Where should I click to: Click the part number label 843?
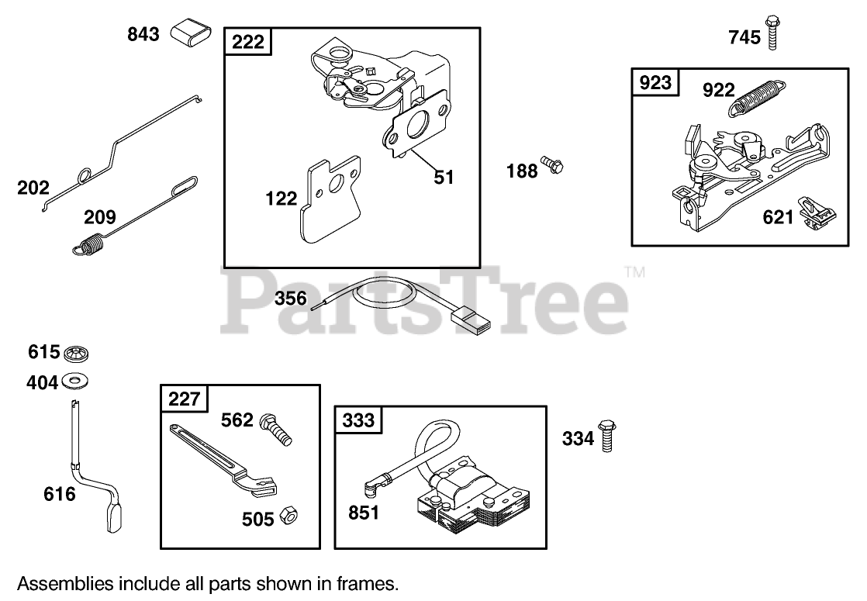pyautogui.click(x=143, y=34)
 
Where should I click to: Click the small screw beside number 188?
pyautogui.click(x=552, y=165)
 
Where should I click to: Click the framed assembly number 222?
pyautogui.click(x=248, y=42)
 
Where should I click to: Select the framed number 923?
pyautogui.click(x=655, y=82)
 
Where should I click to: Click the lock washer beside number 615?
pyautogui.click(x=77, y=354)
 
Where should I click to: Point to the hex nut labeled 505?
pyautogui.click(x=290, y=516)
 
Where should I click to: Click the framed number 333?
pyautogui.click(x=358, y=420)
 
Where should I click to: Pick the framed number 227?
pyautogui.click(x=184, y=399)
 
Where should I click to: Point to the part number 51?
pyautogui.click(x=443, y=177)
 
